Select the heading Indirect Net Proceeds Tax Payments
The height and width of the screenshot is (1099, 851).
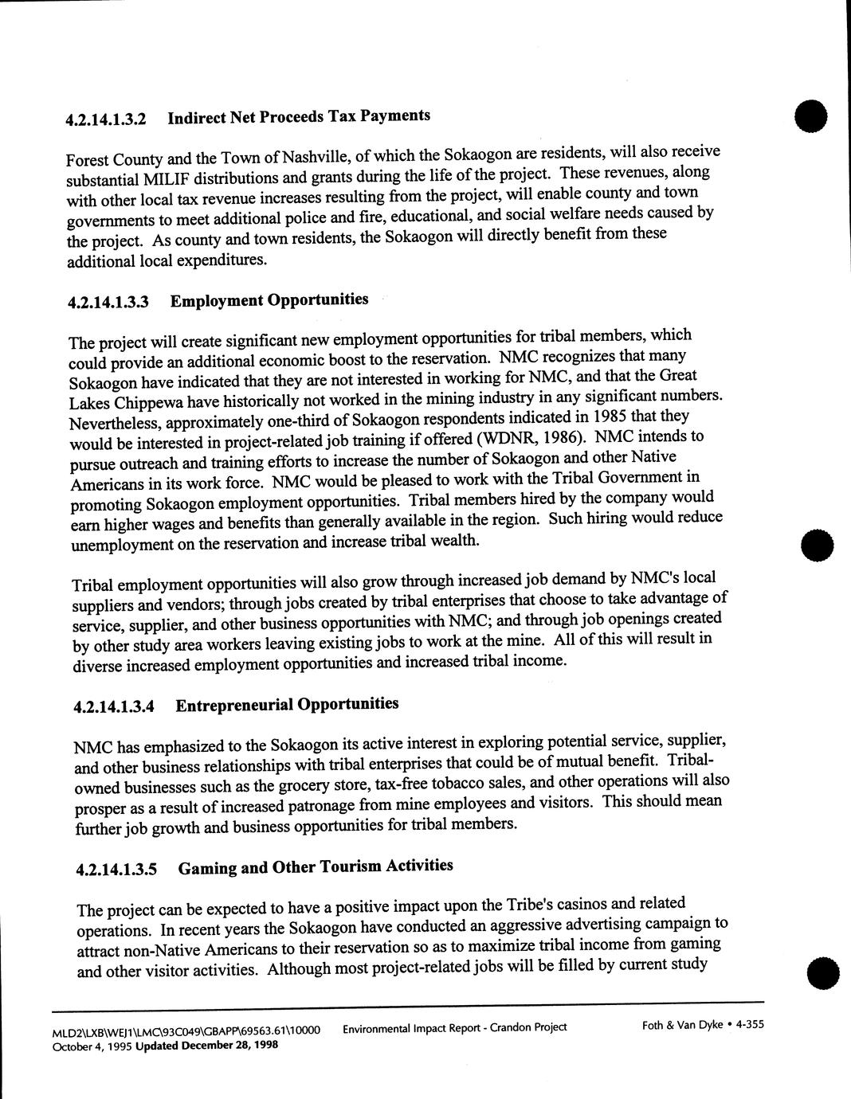299,117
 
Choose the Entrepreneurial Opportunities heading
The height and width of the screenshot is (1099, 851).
287,705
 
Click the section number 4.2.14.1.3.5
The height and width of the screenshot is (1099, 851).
116,870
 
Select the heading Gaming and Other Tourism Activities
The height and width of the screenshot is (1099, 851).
316,866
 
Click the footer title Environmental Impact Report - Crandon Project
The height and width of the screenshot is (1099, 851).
454,1027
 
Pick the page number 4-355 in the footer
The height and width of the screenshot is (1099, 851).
750,1025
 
